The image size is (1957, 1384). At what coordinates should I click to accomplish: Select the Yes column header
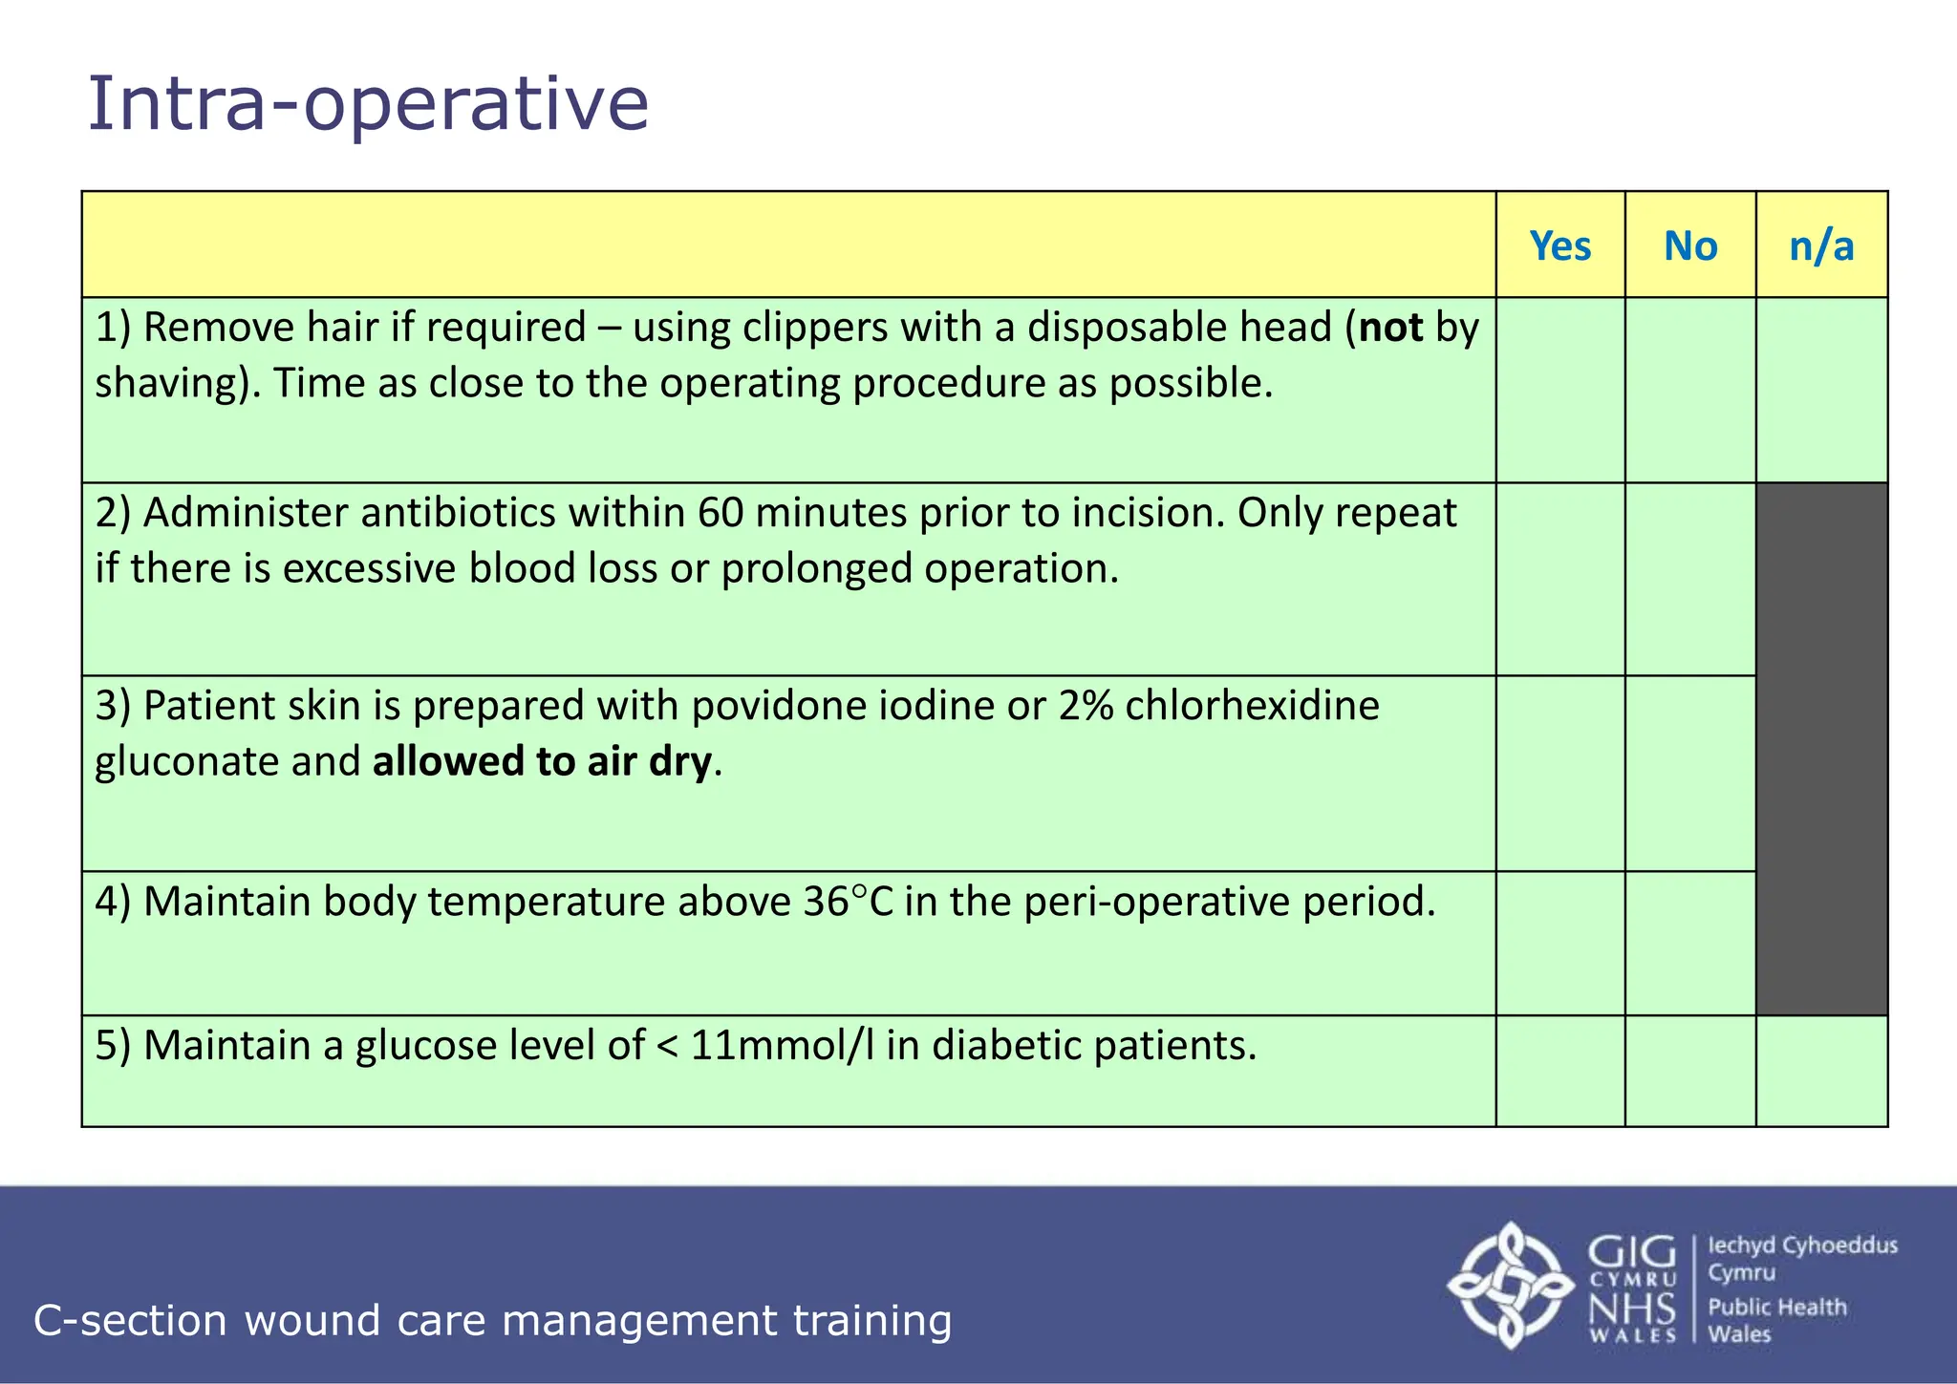click(1559, 246)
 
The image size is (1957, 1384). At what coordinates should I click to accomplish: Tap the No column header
click(1689, 246)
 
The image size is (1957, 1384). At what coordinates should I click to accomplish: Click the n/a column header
click(1821, 246)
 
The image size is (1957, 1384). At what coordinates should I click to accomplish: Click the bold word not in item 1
click(1391, 328)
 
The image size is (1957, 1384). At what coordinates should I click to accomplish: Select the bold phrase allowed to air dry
click(542, 762)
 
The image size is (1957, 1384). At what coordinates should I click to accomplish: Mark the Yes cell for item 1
click(1559, 390)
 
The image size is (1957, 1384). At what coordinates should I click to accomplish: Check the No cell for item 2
click(1689, 579)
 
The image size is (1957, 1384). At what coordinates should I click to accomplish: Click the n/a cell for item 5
click(1821, 1071)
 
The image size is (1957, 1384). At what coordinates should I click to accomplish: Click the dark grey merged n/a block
click(1821, 749)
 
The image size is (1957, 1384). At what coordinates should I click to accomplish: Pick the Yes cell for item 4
click(1559, 943)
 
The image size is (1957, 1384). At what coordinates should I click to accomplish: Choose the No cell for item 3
click(1689, 774)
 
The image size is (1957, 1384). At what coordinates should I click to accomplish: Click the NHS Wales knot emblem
click(1510, 1285)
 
